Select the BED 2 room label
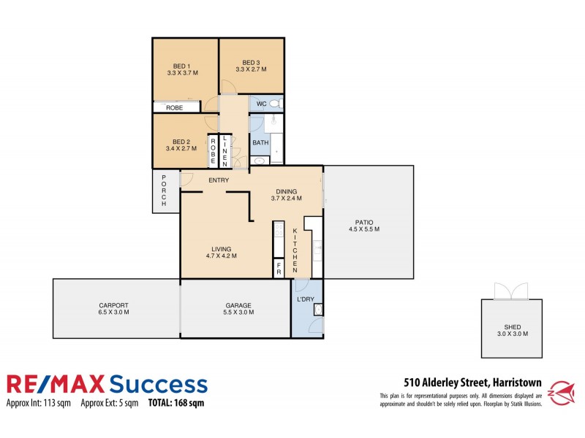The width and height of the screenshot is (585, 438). (181, 142)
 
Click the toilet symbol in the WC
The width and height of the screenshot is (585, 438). (274, 104)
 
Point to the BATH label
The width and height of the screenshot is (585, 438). (260, 142)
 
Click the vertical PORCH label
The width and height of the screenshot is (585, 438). (165, 191)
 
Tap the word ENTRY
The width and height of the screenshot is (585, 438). (219, 180)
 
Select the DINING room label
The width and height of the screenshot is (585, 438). (286, 191)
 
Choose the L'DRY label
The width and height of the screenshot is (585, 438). (305, 300)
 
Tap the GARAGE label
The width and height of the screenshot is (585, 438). (238, 305)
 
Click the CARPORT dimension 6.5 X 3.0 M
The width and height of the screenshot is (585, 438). (114, 312)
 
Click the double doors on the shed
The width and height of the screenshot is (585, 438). (510, 292)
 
